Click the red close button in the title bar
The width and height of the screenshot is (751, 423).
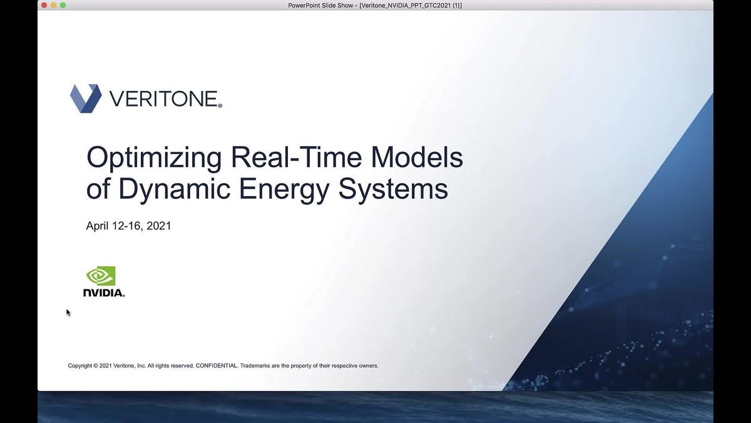coord(44,5)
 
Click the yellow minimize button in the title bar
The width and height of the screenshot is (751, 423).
coord(53,5)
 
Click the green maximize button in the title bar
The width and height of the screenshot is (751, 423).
coord(63,5)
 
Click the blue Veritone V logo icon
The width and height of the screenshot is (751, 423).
coord(86,98)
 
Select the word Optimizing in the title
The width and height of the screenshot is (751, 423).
coord(154,157)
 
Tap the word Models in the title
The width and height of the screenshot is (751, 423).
coord(417,157)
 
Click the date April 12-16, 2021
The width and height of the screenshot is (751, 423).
coord(128,226)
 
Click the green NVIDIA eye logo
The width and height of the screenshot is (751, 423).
coord(101,276)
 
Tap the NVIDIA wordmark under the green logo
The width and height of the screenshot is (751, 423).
coord(104,293)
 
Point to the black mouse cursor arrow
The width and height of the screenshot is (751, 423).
coord(68,312)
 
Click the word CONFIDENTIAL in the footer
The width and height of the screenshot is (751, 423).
coord(217,365)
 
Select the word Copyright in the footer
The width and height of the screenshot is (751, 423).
coord(80,365)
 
